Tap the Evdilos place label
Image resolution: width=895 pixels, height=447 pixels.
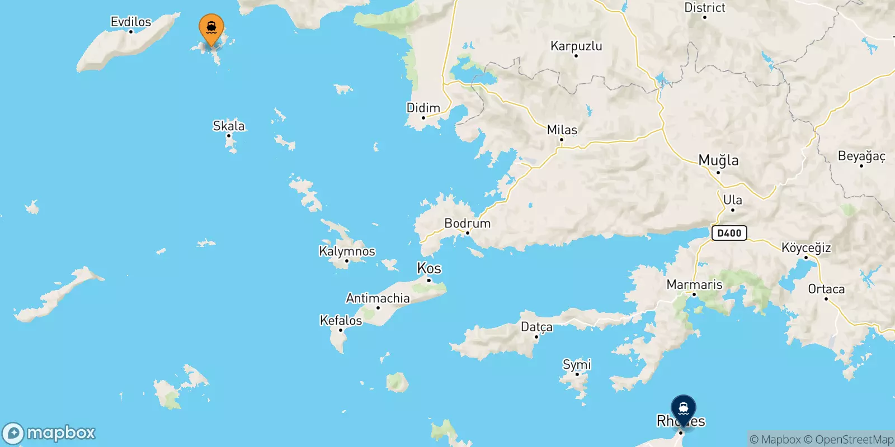pos(131,22)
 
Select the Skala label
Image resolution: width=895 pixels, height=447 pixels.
pos(228,126)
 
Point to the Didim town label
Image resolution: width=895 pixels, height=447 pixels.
pos(423,108)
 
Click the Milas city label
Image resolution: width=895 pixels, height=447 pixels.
pos(562,130)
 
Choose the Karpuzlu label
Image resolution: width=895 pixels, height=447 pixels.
pos(576,46)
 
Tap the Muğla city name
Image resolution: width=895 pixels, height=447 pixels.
pos(718,160)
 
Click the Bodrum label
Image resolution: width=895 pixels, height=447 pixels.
pos(467,223)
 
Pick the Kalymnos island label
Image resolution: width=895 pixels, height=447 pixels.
pos(347,251)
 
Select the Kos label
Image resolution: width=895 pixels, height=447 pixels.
pos(429,268)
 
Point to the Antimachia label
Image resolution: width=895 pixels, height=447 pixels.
pos(378,298)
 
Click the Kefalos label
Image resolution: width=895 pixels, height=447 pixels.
pos(341,320)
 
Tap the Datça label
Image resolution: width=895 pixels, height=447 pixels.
pos(536,326)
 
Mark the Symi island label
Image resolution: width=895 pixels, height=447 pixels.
pos(577,364)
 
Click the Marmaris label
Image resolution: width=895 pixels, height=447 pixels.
pos(694,284)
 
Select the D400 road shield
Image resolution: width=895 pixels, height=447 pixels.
pos(729,233)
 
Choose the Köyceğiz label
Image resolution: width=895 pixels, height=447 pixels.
pos(805,248)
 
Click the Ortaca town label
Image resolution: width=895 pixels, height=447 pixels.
pos(826,289)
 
